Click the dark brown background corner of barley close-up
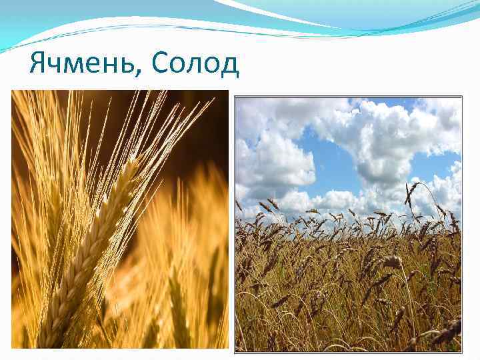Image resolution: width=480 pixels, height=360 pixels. [213, 107]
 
